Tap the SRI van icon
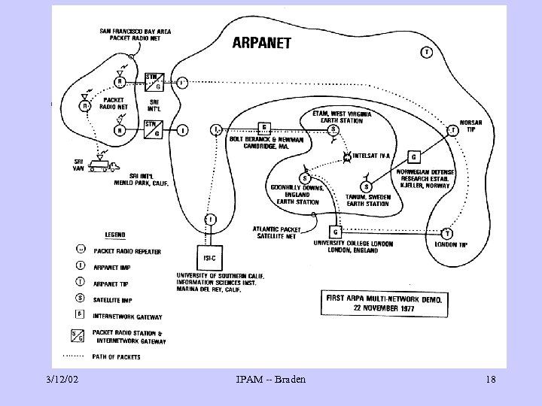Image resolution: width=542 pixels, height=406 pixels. pos(99,163)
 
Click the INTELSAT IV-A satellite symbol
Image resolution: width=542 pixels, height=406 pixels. pos(348,157)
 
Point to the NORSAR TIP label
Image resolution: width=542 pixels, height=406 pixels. pos(470,126)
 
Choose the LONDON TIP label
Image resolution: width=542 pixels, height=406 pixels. pos(451,244)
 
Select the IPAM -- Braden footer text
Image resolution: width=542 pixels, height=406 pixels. pos(270,380)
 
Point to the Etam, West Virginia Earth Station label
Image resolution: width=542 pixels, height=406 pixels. pos(342,117)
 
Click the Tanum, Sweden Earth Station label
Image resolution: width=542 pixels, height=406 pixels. pos(367,200)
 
